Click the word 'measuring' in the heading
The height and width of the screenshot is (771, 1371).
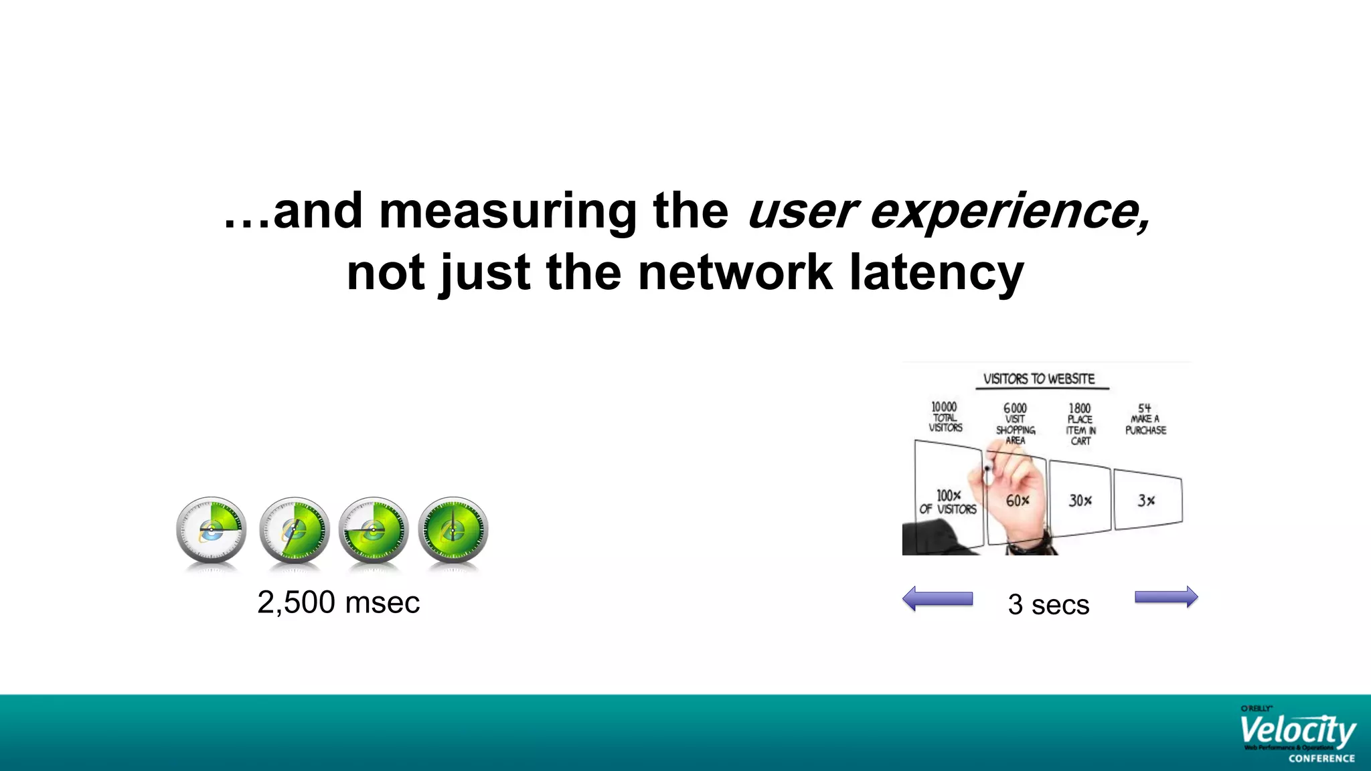(x=508, y=211)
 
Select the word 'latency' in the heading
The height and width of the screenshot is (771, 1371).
(x=937, y=273)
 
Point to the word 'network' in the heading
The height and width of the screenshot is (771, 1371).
(x=735, y=273)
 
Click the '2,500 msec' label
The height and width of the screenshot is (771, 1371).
(x=338, y=602)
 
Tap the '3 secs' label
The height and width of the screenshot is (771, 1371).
(x=1048, y=604)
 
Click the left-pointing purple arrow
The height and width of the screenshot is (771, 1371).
(x=937, y=598)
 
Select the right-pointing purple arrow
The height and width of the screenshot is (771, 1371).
(x=1166, y=597)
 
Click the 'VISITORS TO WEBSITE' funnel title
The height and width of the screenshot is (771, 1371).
(x=1039, y=379)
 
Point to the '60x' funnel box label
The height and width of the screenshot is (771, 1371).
(x=1018, y=501)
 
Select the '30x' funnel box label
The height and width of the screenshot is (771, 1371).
(x=1080, y=501)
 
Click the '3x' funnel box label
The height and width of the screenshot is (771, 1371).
(x=1146, y=501)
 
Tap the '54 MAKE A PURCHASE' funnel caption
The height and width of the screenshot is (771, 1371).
(x=1145, y=419)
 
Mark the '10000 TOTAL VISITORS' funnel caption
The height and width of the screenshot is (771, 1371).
(x=945, y=417)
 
